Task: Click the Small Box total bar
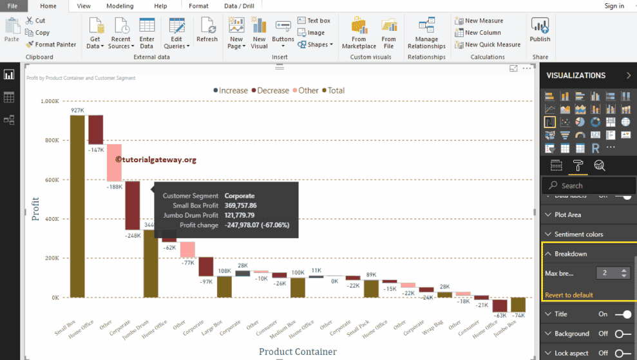(x=77, y=206)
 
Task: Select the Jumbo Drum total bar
(x=151, y=264)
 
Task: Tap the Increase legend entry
(x=230, y=91)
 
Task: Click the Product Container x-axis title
(x=298, y=352)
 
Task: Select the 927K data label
(x=77, y=110)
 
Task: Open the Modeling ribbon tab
(x=120, y=6)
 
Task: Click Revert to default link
(x=569, y=295)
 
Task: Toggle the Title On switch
(x=622, y=314)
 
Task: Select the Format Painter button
(x=51, y=44)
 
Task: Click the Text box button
(x=314, y=21)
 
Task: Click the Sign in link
(x=614, y=6)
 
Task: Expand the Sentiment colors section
(x=578, y=234)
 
